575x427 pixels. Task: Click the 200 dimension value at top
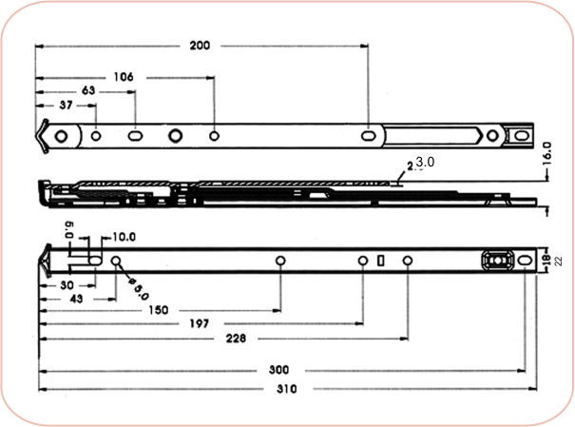pos(201,45)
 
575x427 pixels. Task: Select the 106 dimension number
pos(123,76)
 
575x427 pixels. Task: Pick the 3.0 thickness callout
pos(425,163)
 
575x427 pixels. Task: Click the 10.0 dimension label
pos(124,237)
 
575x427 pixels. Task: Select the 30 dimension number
pos(67,283)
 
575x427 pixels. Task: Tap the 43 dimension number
pos(77,299)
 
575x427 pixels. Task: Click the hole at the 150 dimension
pos(280,261)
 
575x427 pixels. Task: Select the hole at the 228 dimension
pos(407,261)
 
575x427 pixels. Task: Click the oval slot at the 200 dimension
pos(368,135)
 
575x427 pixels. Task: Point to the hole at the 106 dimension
pos(215,135)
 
